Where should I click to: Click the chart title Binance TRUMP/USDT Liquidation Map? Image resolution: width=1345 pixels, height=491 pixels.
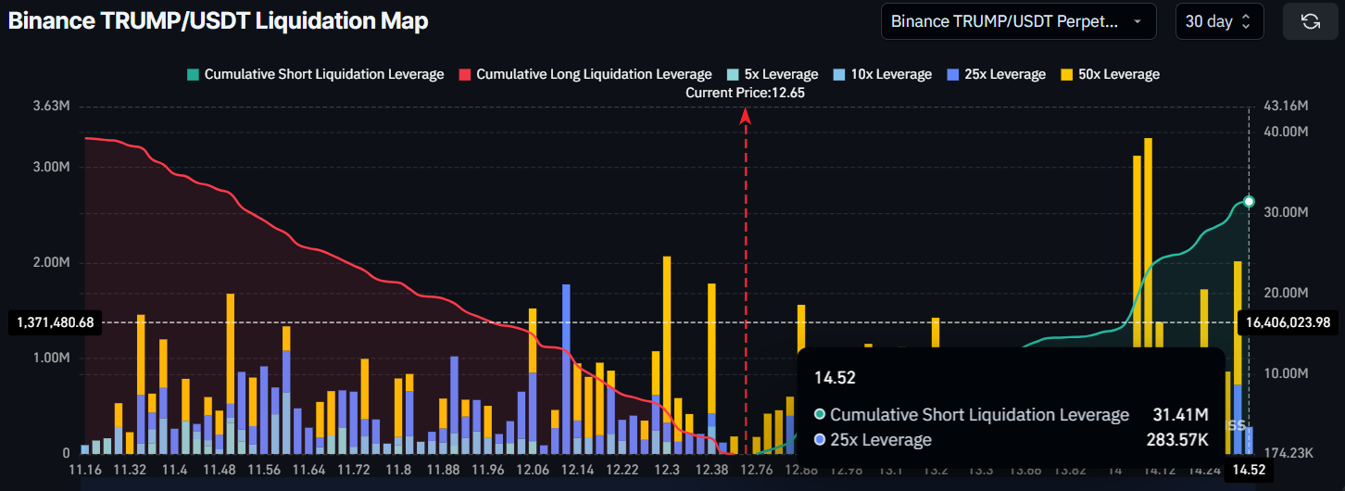pos(219,21)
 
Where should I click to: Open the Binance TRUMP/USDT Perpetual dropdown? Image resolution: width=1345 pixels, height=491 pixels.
pos(1018,21)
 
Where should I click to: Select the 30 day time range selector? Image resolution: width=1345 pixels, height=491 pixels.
pos(1219,21)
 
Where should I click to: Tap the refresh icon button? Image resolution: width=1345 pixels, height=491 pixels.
pos(1310,21)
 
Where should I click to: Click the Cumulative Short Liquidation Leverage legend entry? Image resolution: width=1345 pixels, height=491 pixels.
pos(315,74)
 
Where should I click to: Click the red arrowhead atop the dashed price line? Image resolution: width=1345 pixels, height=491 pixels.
pos(746,115)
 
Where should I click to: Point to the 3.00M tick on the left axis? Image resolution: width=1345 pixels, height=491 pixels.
pos(52,168)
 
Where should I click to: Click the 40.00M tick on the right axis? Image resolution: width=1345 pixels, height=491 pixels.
pos(1285,132)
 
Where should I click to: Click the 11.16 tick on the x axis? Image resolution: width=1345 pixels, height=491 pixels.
pos(85,471)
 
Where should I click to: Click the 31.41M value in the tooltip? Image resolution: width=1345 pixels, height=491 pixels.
pos(1187,414)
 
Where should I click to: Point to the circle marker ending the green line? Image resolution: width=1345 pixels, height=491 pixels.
pos(1249,201)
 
